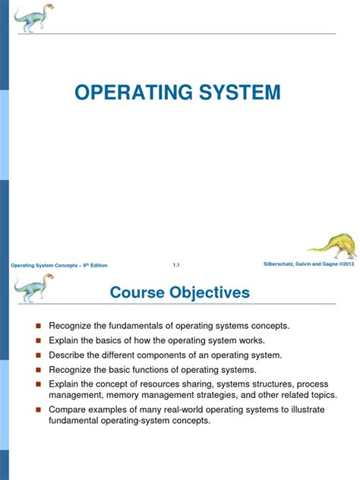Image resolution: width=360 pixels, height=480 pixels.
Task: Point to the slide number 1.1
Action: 176,264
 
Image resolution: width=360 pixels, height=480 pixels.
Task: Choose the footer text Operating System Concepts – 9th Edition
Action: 58,265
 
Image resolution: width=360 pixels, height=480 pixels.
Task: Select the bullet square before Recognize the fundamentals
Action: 36,326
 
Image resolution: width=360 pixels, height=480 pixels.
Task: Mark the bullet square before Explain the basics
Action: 36,340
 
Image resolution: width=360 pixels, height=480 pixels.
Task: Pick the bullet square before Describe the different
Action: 36,355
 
